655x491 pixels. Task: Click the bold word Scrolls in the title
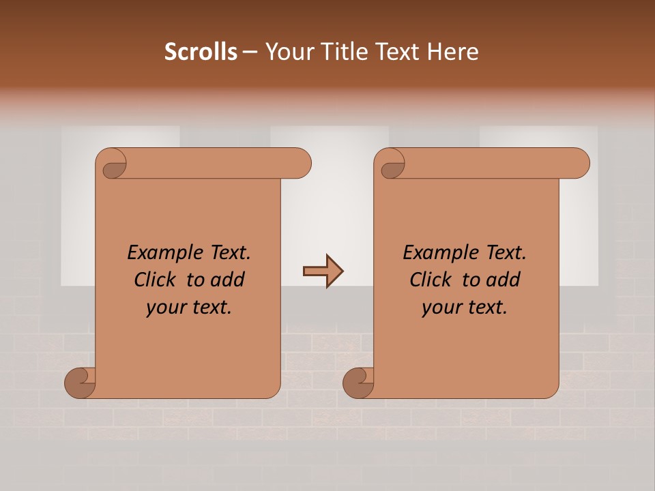pyautogui.click(x=201, y=52)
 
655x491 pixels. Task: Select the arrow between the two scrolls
pyautogui.click(x=323, y=271)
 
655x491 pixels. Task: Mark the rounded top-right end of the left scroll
pyautogui.click(x=300, y=164)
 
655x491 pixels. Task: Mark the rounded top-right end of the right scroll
pyautogui.click(x=578, y=164)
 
